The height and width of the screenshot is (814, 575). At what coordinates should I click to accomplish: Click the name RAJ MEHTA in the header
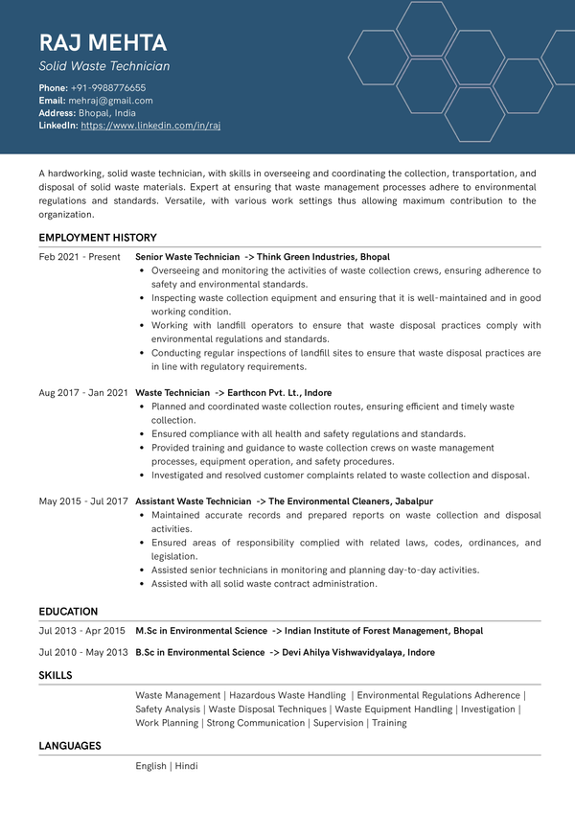tap(103, 43)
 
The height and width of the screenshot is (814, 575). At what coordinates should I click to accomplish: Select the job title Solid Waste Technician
tap(104, 66)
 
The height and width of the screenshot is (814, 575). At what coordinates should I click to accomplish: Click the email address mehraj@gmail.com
tap(110, 101)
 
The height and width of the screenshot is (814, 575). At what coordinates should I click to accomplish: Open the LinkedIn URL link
tap(150, 126)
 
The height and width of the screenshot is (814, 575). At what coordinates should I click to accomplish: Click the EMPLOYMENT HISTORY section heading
tap(98, 238)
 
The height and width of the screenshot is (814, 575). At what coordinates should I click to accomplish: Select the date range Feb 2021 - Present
tap(80, 257)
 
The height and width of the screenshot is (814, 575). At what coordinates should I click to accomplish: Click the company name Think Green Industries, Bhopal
tap(323, 257)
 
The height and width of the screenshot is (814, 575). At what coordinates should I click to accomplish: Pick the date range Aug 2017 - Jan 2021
tap(83, 393)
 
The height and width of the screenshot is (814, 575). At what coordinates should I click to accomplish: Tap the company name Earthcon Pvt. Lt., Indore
tap(280, 393)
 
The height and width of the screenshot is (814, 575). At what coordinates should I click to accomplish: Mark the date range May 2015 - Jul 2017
tap(83, 501)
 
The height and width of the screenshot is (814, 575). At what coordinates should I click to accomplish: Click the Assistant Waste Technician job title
tap(193, 501)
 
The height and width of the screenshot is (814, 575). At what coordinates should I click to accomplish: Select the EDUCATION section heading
tap(68, 612)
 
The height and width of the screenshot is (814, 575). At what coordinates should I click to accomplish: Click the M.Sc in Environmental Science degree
tap(201, 631)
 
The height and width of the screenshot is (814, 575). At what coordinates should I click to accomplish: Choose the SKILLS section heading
tap(56, 675)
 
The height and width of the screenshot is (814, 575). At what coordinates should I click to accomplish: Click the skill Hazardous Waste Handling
tap(287, 695)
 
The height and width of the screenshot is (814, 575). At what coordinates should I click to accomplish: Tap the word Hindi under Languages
tap(186, 766)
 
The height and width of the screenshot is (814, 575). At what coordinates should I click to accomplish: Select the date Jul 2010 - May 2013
tap(83, 653)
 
